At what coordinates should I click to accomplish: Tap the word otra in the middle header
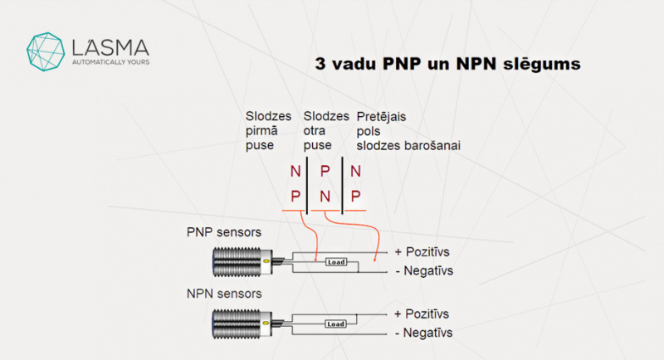(316, 131)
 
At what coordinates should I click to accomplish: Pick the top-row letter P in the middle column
(325, 173)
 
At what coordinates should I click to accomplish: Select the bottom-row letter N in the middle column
(325, 197)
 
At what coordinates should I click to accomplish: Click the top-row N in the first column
(295, 173)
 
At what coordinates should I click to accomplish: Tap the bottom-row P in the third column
(355, 197)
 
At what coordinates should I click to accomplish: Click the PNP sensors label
(225, 233)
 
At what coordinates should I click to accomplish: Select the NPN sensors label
(225, 294)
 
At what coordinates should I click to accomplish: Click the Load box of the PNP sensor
(336, 262)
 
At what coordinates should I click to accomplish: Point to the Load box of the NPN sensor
(336, 324)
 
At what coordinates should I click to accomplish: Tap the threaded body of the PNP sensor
(236, 262)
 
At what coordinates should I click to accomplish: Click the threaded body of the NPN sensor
(236, 324)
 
